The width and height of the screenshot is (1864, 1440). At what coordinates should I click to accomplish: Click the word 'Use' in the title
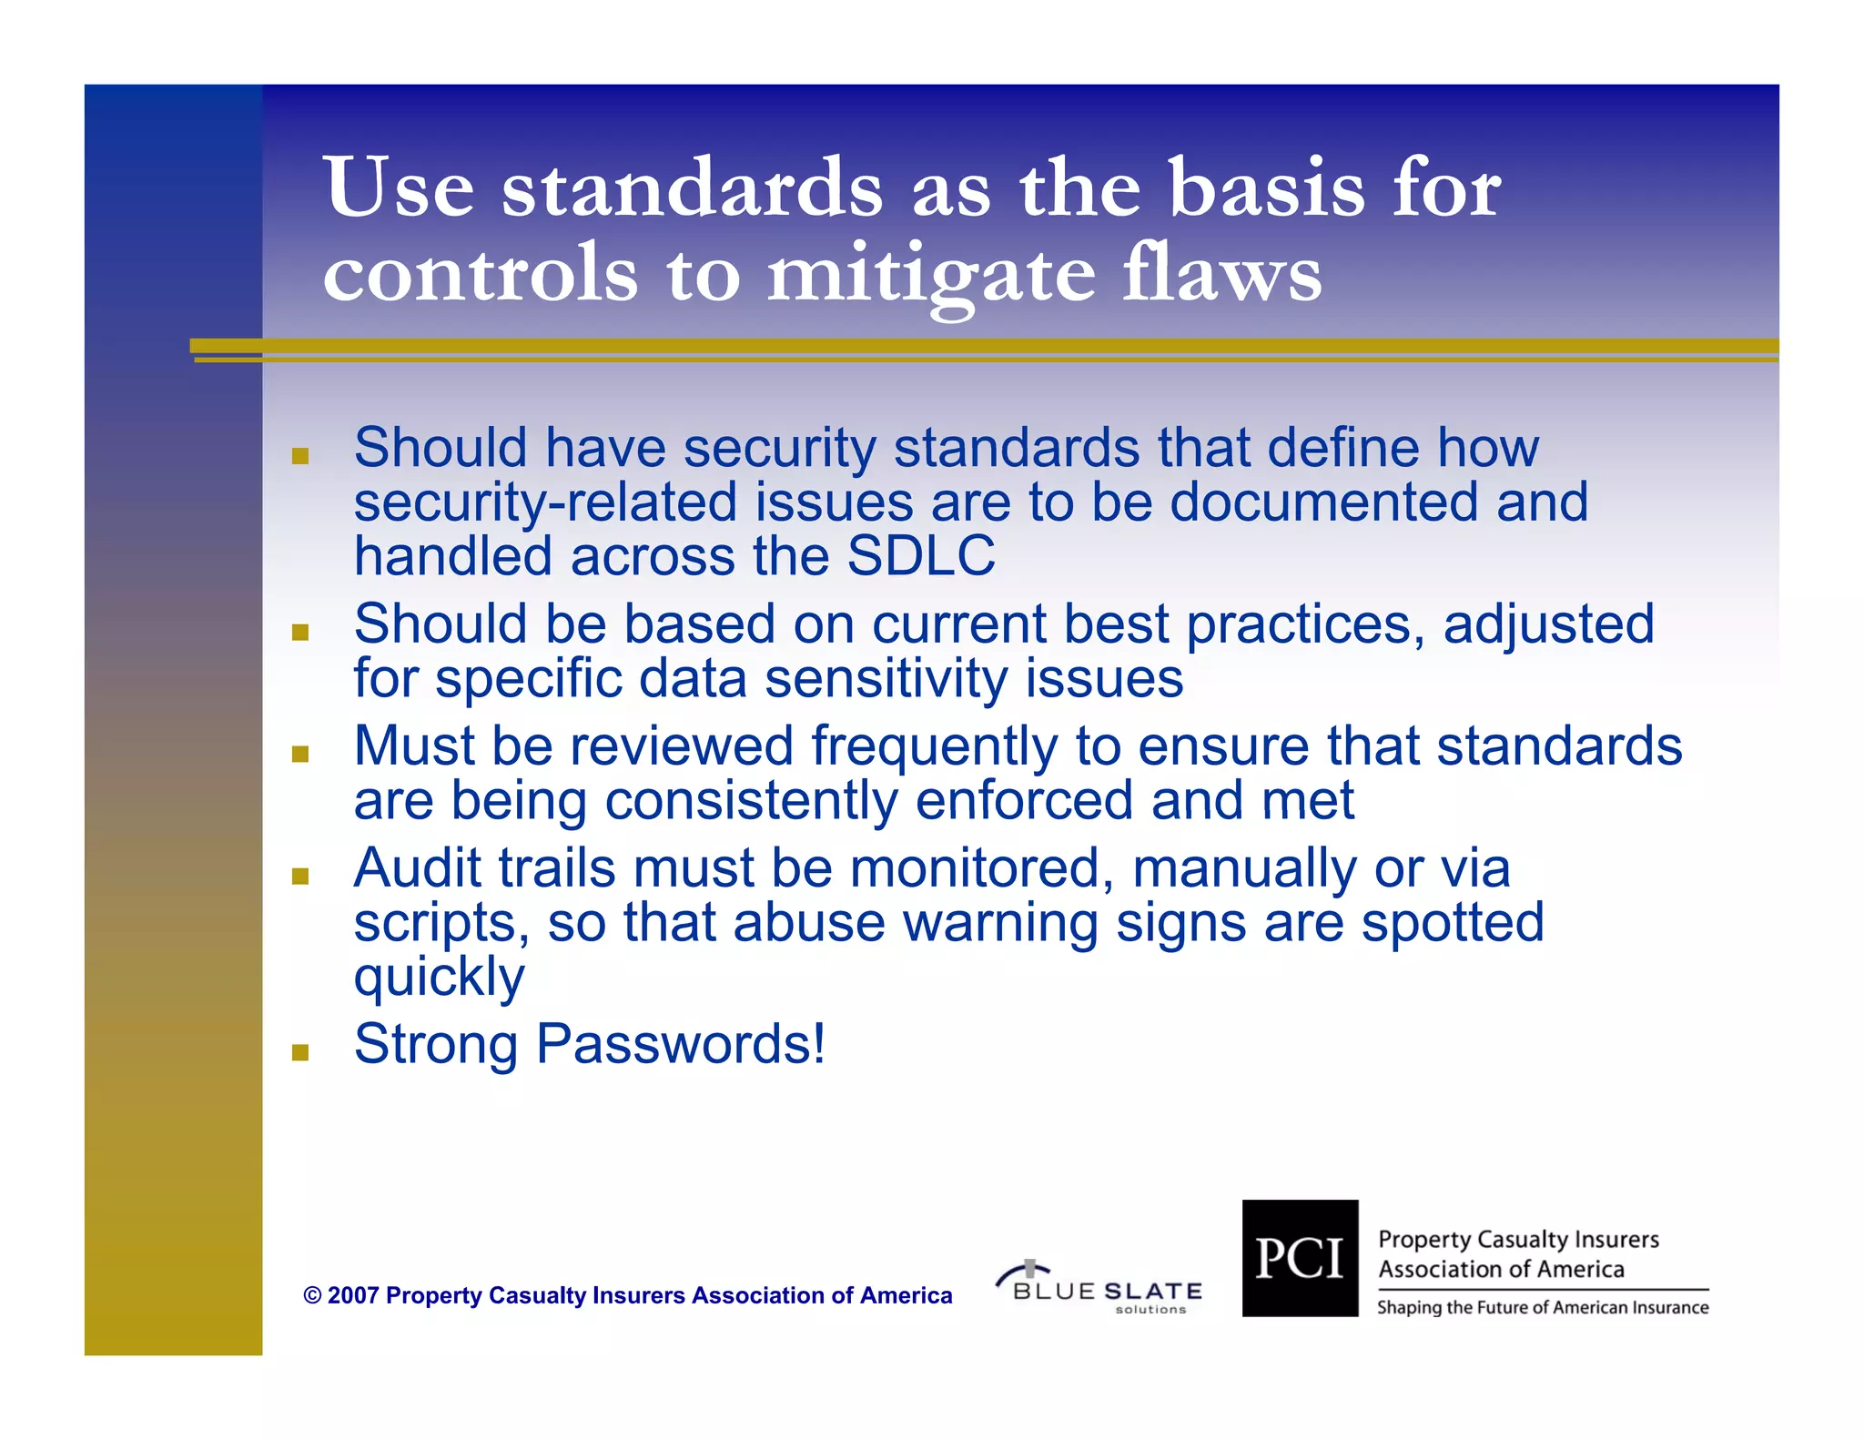(399, 188)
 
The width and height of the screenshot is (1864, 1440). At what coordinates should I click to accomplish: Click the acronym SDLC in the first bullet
(920, 556)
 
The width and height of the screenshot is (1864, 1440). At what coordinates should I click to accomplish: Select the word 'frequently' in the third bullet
(934, 746)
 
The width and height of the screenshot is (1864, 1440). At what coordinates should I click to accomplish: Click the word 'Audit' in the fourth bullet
(417, 867)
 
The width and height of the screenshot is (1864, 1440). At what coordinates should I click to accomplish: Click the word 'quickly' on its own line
(439, 977)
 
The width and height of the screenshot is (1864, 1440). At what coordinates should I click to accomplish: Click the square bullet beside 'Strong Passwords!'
(300, 1053)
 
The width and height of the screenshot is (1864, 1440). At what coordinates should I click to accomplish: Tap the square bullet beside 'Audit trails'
(300, 877)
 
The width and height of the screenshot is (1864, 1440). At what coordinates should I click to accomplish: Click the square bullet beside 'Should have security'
(300, 456)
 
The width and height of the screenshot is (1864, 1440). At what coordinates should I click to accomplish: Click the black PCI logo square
(1300, 1258)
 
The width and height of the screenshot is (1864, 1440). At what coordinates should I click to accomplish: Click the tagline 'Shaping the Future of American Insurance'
(1542, 1308)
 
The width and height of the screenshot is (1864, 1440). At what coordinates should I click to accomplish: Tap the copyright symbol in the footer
(312, 1295)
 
